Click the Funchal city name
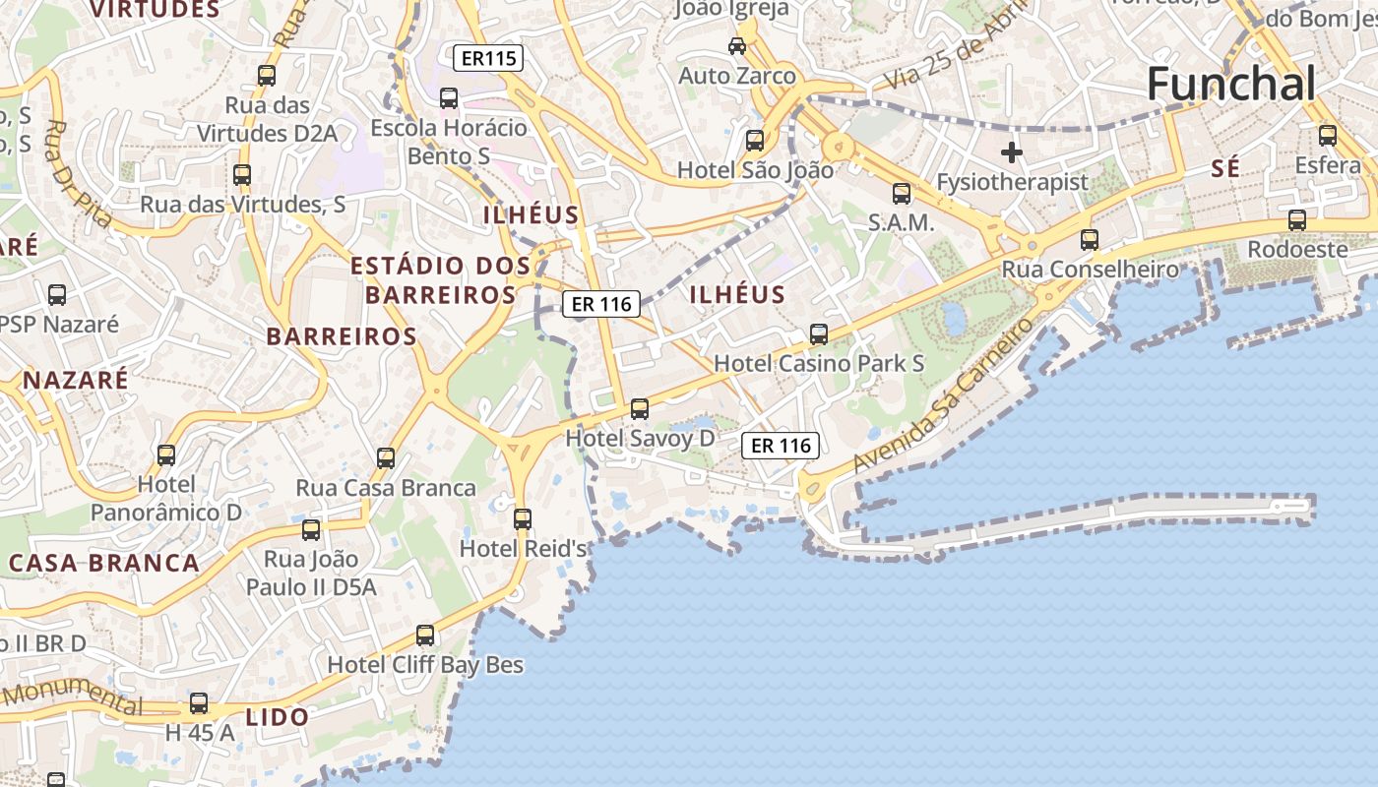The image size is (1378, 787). [x=1230, y=85]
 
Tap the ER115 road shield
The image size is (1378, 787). [x=488, y=59]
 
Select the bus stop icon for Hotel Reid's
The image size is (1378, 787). [x=523, y=518]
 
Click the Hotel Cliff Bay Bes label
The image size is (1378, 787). [x=425, y=665]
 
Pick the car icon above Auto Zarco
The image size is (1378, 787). [x=736, y=45]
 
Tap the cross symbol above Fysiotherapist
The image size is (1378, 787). [x=1011, y=152]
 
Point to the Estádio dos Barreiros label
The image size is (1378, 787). [x=440, y=279]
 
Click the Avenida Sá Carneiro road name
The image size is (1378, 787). [x=945, y=393]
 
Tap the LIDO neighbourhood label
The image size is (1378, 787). [x=278, y=717]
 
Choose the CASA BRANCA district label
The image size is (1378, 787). [x=104, y=564]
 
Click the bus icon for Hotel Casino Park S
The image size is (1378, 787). [x=819, y=333]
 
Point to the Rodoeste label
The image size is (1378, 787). [x=1297, y=250]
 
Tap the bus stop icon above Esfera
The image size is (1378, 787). [x=1328, y=136]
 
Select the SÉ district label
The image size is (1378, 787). [x=1225, y=169]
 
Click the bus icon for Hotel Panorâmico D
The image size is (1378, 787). [x=166, y=454]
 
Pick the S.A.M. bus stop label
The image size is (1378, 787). [x=901, y=223]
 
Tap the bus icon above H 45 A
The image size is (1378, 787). [x=199, y=702]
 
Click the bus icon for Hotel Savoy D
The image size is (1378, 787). [x=640, y=408]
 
